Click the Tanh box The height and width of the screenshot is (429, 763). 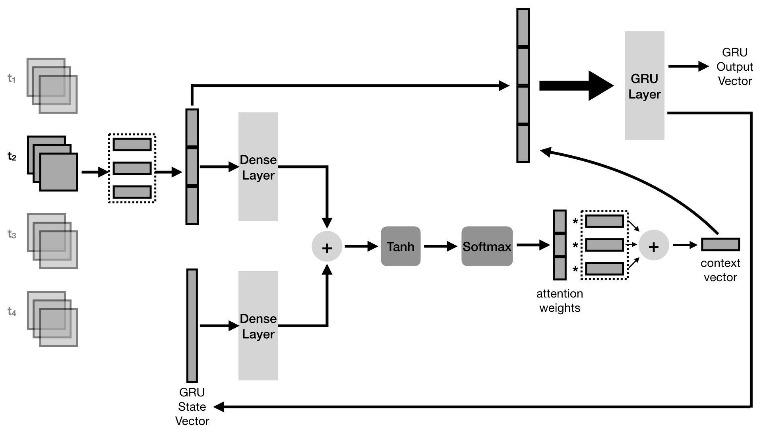tap(401, 246)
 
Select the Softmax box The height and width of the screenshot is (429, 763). tap(487, 246)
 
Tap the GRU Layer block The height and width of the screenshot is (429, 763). tap(644, 86)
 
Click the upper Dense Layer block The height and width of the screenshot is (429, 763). tap(258, 167)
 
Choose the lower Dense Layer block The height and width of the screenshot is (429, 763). tap(258, 326)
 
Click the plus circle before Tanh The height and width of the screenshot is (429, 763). tap(327, 247)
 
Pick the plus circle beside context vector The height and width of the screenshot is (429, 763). tap(653, 245)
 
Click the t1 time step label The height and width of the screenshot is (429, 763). tap(12, 78)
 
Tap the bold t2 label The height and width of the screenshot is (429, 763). tap(12, 157)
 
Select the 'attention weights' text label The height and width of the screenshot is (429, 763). tap(560, 301)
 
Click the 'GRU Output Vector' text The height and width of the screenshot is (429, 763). tap(734, 67)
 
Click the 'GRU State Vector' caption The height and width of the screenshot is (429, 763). tap(192, 407)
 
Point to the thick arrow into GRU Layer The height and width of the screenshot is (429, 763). tap(576, 85)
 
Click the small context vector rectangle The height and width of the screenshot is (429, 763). tap(720, 244)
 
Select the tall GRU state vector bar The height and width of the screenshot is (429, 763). tap(192, 326)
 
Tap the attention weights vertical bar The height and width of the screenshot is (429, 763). tap(560, 245)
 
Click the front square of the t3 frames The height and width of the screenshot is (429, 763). tap(58, 249)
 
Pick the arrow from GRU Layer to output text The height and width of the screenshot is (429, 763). tap(688, 66)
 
